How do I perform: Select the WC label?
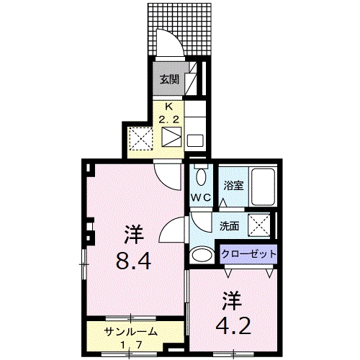(201, 196)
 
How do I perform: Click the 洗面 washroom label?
(230, 225)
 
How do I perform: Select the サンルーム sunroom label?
(130, 332)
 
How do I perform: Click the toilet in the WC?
(201, 175)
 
